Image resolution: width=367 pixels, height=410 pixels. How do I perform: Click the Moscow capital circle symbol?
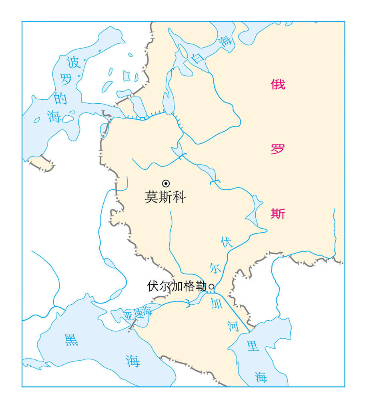point(165,183)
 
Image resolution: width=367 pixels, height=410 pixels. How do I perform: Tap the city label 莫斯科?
point(165,197)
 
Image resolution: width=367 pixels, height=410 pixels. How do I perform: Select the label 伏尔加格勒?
point(177,286)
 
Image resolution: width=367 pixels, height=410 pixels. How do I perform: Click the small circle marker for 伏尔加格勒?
point(212,287)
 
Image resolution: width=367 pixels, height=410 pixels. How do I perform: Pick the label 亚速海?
point(138,314)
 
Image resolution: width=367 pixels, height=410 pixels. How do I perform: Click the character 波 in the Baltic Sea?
point(74,62)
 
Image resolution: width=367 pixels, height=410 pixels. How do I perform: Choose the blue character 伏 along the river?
point(227,241)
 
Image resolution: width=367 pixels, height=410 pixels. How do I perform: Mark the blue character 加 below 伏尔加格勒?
point(217,304)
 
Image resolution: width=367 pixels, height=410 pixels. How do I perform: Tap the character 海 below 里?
point(261,376)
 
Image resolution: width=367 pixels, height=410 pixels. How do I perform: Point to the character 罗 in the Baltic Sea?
point(66,79)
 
